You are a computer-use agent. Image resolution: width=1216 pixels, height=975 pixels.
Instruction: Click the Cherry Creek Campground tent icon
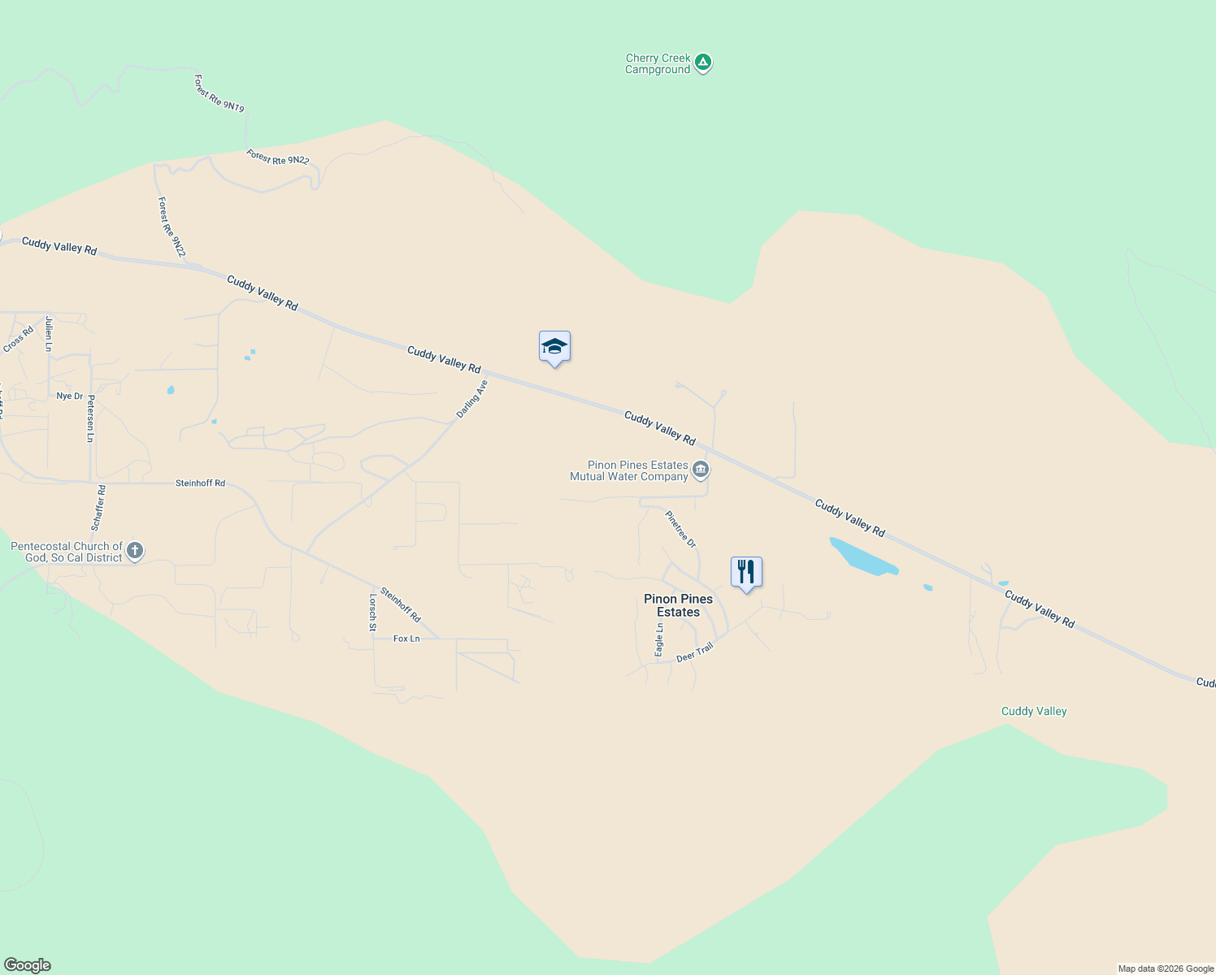pos(703,62)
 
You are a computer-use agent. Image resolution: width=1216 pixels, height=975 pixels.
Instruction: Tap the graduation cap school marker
pos(554,347)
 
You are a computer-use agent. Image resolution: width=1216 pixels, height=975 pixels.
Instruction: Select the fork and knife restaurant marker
pos(746,572)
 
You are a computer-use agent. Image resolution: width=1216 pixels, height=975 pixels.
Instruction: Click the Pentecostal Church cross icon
pos(135,551)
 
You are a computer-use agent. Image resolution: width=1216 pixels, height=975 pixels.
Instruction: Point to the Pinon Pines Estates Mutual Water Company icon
pos(701,470)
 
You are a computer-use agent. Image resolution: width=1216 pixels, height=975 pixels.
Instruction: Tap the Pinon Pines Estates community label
pos(678,605)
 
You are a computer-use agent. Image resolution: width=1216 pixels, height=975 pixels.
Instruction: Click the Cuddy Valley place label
pos(1034,711)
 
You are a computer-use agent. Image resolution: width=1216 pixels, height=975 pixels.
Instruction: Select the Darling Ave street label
pos(471,399)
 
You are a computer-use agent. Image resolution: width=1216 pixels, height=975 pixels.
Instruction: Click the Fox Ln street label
pos(406,639)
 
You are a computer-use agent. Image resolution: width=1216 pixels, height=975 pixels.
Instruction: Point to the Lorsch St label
pos(373,612)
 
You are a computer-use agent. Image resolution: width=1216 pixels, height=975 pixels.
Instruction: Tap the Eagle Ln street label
pos(659,639)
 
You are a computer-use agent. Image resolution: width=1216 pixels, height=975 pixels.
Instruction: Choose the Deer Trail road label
pos(695,652)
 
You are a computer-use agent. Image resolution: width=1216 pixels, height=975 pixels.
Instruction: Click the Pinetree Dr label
pos(680,529)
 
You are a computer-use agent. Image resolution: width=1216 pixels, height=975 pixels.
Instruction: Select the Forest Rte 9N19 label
pos(219,93)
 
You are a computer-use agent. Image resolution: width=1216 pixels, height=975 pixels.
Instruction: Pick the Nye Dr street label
pos(69,396)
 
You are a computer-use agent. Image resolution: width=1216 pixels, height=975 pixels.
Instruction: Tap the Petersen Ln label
pos(91,418)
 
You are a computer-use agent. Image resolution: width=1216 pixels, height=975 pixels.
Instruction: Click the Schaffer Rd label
pos(98,508)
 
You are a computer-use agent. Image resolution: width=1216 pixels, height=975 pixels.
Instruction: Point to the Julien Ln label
pos(49,334)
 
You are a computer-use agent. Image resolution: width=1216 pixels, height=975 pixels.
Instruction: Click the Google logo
pos(28,965)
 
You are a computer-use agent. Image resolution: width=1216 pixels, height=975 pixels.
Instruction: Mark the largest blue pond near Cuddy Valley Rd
pos(862,557)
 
